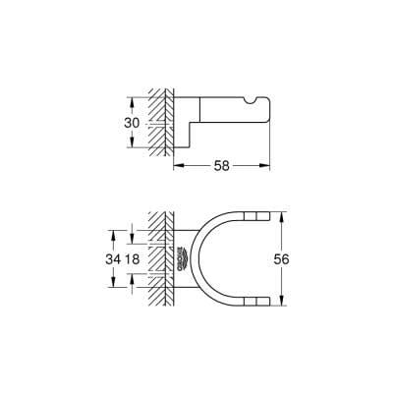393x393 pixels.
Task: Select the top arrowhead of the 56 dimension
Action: click(282, 213)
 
